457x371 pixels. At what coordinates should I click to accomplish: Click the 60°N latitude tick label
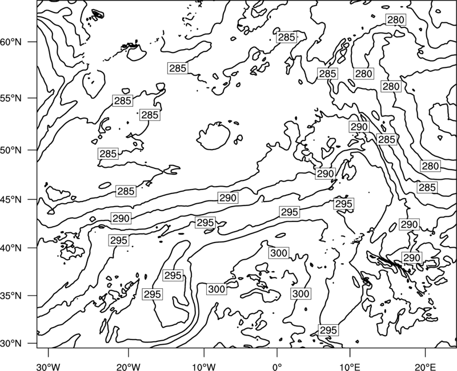point(11,42)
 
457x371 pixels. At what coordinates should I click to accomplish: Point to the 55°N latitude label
point(11,98)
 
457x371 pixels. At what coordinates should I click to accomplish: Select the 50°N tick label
point(11,150)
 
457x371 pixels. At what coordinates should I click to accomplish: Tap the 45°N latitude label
point(11,200)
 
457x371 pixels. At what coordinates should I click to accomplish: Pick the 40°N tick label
point(11,248)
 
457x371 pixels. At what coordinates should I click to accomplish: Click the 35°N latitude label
point(11,296)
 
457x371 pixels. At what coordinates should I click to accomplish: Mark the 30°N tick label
point(11,344)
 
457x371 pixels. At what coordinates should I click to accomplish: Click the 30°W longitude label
point(48,366)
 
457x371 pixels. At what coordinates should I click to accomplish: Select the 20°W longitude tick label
point(128,366)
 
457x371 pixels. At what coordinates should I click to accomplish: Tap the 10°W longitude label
point(204,366)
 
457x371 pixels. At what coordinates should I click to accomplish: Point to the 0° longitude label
point(277,366)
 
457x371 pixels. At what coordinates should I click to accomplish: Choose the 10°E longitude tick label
point(350,366)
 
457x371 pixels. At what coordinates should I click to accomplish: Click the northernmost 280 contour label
point(396,20)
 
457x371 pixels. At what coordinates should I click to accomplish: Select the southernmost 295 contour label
point(328,330)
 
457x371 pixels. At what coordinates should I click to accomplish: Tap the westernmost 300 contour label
point(217,289)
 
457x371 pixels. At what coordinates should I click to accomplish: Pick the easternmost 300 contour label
point(300,293)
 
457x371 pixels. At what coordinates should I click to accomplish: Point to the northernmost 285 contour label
point(287,37)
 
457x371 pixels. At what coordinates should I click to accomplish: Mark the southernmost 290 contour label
point(412,258)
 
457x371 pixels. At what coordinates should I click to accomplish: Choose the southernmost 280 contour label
point(430,166)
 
